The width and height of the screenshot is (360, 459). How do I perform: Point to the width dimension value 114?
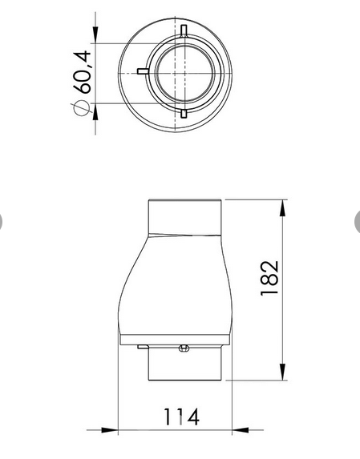tap(181, 417)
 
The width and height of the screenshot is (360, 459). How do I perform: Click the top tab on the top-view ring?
tap(184, 31)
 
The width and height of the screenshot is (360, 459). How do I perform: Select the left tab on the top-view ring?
tap(143, 71)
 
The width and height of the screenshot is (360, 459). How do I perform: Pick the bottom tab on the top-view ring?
tap(184, 114)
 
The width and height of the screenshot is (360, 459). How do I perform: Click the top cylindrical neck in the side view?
tap(184, 215)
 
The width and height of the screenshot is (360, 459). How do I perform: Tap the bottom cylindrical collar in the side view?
tap(184, 364)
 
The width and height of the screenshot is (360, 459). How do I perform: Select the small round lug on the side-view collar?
tap(183, 348)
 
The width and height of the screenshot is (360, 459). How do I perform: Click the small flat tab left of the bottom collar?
tap(142, 347)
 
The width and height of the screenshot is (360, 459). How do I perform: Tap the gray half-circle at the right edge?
tap(357, 220)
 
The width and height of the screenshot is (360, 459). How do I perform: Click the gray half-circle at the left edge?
tap(2, 220)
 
